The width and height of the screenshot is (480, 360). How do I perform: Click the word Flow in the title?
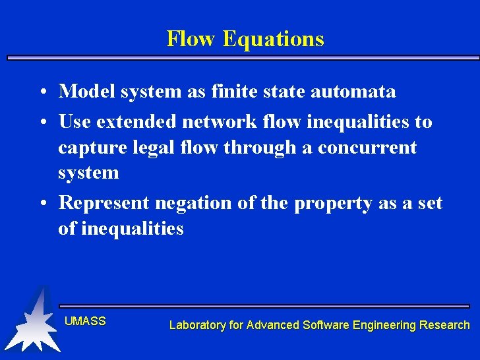pos(192,39)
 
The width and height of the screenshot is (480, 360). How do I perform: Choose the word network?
pos(219,122)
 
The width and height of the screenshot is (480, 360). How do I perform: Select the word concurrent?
pos(367,148)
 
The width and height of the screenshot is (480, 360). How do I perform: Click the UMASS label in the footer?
pos(85,321)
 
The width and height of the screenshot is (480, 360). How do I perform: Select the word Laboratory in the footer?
pos(197,325)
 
